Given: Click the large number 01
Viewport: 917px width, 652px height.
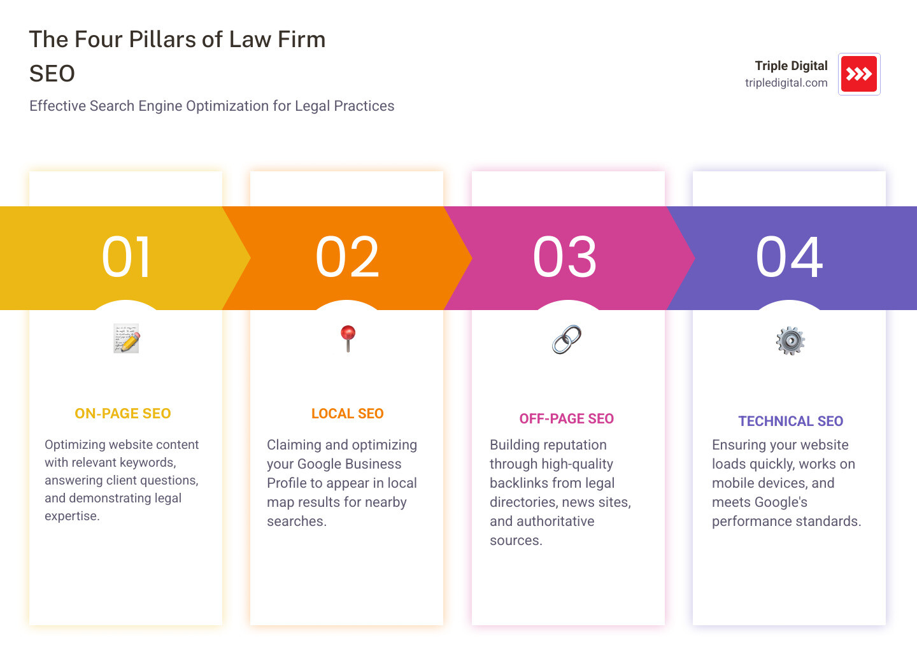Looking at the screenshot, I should (x=126, y=257).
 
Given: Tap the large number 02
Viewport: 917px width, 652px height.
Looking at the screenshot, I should (x=347, y=257).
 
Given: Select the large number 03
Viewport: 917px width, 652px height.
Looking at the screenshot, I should (x=565, y=257).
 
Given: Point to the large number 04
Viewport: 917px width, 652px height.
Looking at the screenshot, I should (x=789, y=257).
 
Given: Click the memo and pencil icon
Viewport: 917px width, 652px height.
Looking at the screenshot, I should (x=126, y=338).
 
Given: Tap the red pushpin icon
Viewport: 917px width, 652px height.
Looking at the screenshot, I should (x=348, y=338).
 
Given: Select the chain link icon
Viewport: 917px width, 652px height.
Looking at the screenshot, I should (x=566, y=339).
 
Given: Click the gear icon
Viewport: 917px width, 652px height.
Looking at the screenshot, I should (x=790, y=341).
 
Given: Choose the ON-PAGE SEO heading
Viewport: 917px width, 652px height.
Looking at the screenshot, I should (x=123, y=414).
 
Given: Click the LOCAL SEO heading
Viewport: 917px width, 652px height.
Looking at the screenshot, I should (x=347, y=414).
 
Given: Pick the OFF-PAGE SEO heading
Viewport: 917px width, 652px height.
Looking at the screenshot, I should (x=566, y=419).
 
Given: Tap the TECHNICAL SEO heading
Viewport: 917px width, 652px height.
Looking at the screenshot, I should (x=790, y=422).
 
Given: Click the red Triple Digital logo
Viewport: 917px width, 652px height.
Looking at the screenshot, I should (x=859, y=74).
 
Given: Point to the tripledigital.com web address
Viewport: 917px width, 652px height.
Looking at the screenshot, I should (x=786, y=83).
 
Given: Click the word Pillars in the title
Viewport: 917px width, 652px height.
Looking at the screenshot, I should (x=162, y=39).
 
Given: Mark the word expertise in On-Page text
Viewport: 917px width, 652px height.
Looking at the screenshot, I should (x=71, y=516).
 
